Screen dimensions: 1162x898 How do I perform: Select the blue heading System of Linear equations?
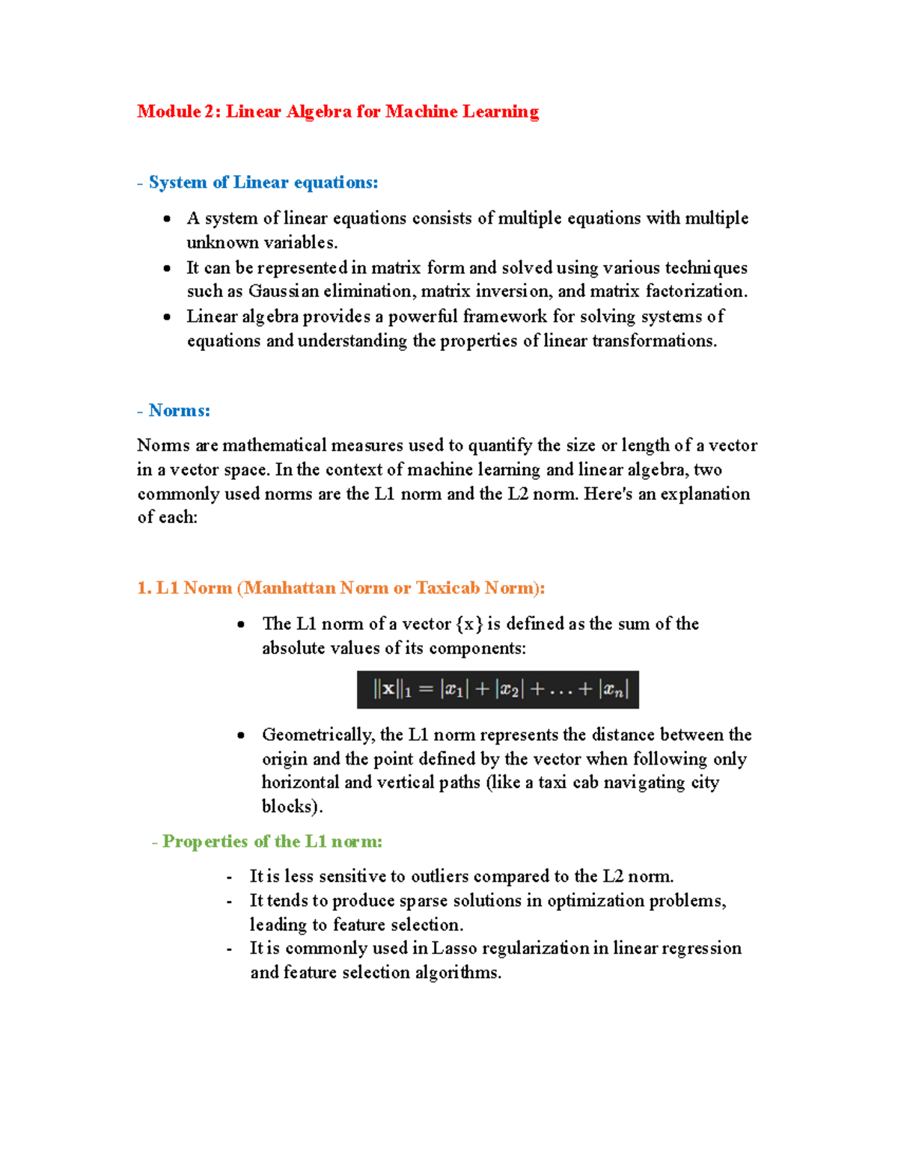click(x=263, y=183)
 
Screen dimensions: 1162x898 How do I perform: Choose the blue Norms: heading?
click(x=179, y=410)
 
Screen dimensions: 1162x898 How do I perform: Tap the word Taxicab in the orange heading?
click(x=448, y=588)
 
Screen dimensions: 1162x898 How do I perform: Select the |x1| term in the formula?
click(x=454, y=689)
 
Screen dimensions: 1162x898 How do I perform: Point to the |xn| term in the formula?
click(x=613, y=689)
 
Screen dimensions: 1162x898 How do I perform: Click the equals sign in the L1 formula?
click(x=426, y=689)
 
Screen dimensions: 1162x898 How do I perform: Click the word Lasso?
click(x=454, y=948)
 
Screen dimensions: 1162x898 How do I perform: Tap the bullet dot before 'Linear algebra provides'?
click(x=167, y=317)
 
